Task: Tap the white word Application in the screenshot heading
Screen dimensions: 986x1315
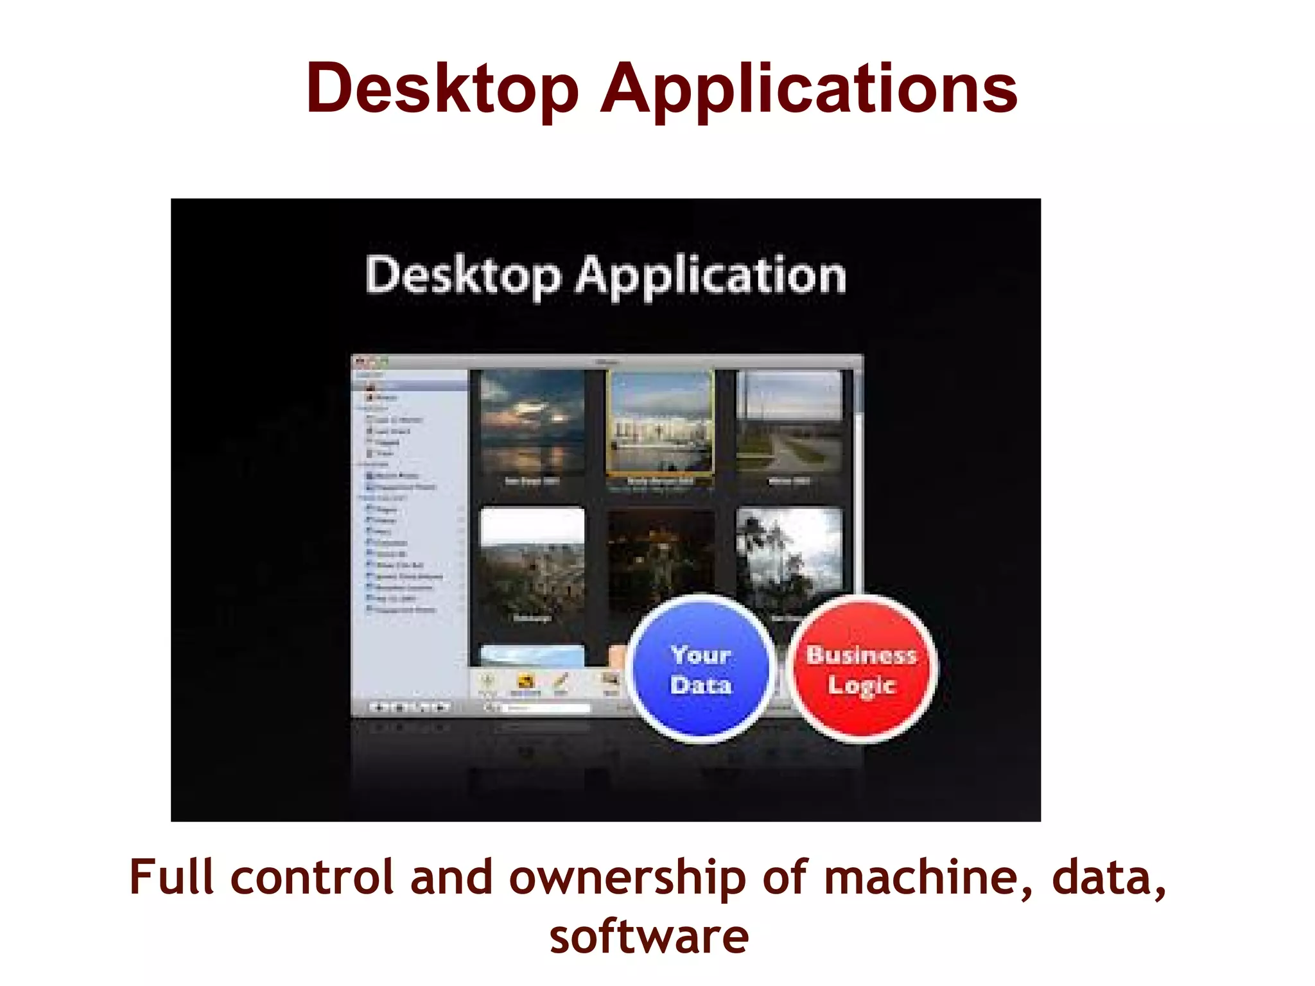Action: click(x=711, y=276)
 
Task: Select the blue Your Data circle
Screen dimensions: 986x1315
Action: click(x=701, y=669)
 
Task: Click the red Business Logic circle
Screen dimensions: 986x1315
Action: click(x=861, y=669)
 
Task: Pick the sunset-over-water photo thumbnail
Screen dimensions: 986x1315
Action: click(x=532, y=422)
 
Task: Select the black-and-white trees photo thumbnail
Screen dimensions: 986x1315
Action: click(x=789, y=552)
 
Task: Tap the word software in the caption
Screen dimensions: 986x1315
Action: click(x=649, y=937)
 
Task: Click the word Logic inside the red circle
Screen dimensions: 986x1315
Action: click(x=861, y=686)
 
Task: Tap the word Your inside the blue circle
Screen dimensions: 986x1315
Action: click(x=701, y=655)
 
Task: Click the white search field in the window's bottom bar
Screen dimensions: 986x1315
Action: click(x=546, y=707)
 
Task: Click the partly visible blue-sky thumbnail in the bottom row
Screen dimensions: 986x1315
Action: click(x=532, y=655)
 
